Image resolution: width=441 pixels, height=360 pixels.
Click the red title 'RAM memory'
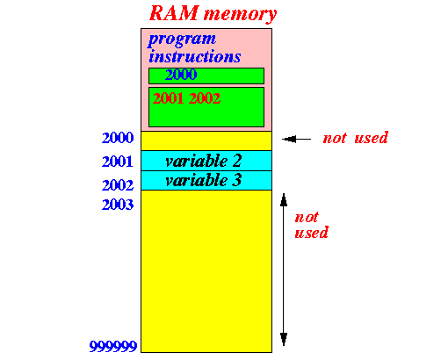(x=213, y=13)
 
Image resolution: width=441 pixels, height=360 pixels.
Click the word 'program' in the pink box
(x=182, y=40)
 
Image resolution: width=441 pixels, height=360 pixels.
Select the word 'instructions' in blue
(x=195, y=56)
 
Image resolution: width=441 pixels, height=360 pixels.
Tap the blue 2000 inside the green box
(x=181, y=75)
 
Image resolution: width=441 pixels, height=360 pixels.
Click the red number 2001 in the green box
(x=168, y=98)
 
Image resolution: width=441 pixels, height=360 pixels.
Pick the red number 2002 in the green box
(x=205, y=98)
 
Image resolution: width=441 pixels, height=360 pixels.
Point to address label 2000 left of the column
(x=118, y=138)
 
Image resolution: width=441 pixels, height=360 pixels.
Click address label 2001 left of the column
(x=118, y=162)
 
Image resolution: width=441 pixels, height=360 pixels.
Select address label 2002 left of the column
(x=118, y=185)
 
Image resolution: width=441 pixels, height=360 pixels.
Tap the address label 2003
(x=118, y=205)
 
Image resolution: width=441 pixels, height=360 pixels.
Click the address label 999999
(x=113, y=346)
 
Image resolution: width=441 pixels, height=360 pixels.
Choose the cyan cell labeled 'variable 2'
(x=206, y=161)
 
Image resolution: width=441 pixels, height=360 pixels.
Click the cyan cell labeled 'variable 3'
(x=206, y=181)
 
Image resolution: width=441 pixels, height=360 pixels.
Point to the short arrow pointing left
(x=297, y=139)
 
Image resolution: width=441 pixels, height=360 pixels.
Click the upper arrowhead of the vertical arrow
(x=284, y=199)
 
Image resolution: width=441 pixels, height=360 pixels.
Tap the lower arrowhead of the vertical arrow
(x=284, y=340)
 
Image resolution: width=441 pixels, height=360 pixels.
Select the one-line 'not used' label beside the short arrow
(x=356, y=138)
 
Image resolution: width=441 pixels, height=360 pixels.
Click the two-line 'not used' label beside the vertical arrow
(x=311, y=225)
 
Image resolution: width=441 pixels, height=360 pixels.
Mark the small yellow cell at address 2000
(x=206, y=140)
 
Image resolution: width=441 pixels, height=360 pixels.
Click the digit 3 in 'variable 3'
(x=236, y=180)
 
